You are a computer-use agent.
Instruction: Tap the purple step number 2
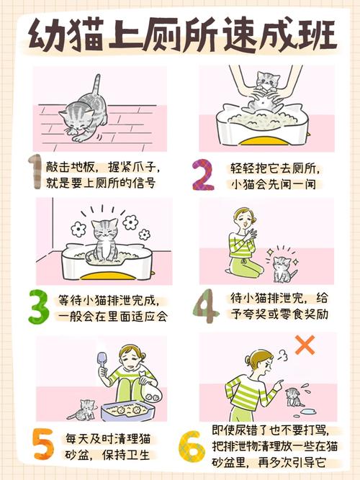(x=204, y=175)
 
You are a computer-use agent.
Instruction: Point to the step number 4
(x=205, y=307)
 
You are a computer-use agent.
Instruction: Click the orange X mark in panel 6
(x=305, y=345)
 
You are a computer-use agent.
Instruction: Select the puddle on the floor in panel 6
(x=318, y=411)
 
